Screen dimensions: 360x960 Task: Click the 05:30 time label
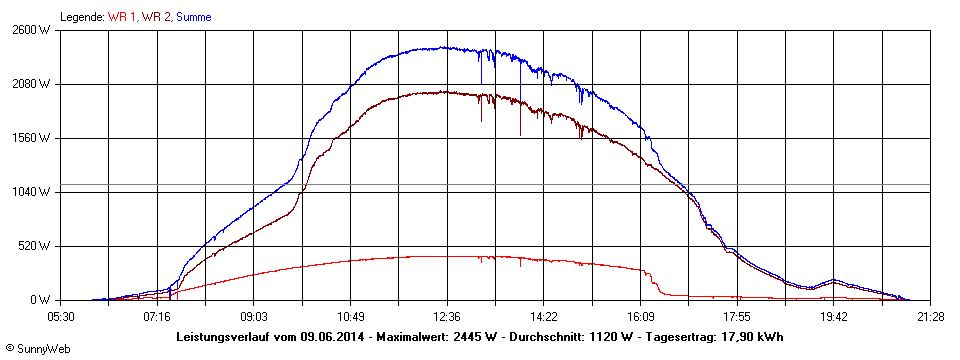[x=61, y=316]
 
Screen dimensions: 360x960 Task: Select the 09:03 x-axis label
[x=254, y=316]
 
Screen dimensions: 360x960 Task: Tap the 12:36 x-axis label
[x=447, y=316]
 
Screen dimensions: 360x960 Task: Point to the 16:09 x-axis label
[x=640, y=316]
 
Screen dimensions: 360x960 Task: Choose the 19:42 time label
[x=833, y=316]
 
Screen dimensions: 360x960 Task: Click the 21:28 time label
[x=930, y=316]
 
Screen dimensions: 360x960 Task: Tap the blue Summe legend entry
[x=193, y=17]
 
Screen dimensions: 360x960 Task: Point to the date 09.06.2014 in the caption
[x=334, y=337]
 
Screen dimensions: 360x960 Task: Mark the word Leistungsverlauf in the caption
[x=221, y=337]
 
